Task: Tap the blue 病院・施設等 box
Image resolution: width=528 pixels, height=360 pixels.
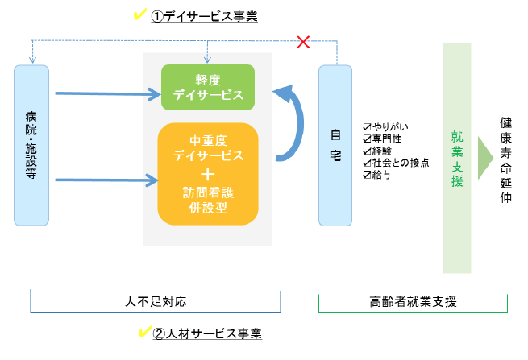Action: coord(31,145)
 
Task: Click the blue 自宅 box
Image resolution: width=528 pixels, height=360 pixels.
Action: coord(336,145)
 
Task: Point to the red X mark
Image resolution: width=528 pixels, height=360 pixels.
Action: coord(304,41)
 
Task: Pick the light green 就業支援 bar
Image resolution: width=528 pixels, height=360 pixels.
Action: coord(456,159)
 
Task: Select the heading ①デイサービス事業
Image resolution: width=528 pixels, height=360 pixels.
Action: coord(205,16)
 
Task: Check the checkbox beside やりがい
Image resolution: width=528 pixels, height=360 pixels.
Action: coord(368,126)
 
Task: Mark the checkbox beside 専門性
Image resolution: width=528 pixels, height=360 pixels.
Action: coord(368,139)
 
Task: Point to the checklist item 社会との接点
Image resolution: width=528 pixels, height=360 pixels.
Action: coord(401,163)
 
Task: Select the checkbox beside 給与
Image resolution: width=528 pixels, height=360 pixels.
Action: coord(368,175)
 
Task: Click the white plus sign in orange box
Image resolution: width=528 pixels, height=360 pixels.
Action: coord(208,172)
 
